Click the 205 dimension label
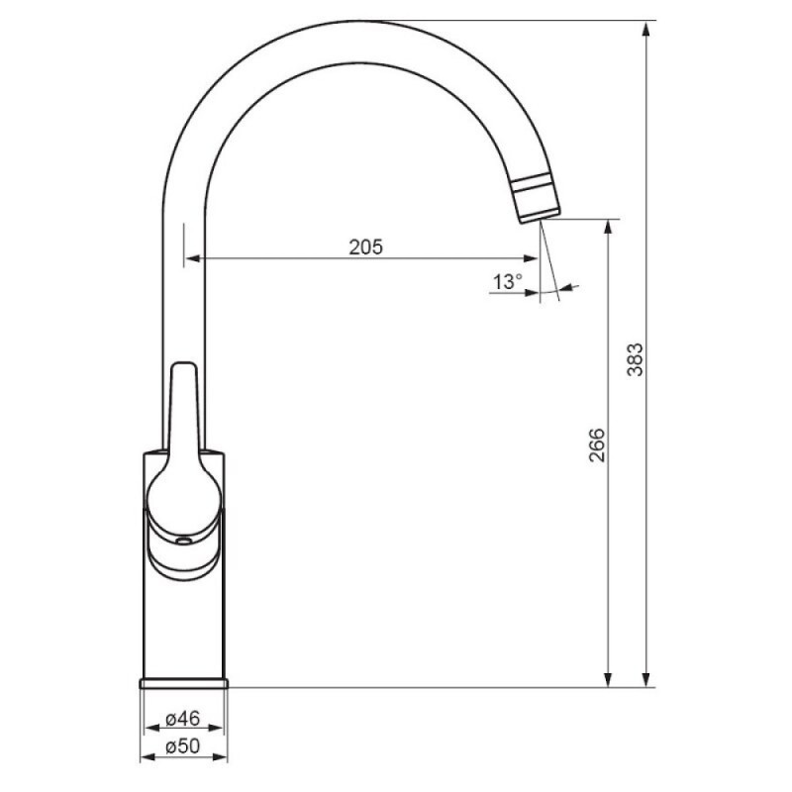366,247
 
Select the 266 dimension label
597,445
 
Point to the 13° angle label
508,281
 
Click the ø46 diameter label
183,718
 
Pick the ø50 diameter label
183,745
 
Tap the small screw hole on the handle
183,542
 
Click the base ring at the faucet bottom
184,683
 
